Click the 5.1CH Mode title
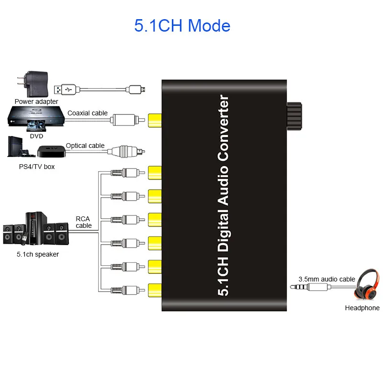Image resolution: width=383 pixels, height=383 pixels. coord(182,25)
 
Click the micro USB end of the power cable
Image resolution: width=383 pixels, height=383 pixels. coord(136,90)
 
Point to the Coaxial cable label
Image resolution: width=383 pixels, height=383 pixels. coord(88,113)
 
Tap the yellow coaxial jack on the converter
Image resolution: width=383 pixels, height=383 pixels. coord(155,120)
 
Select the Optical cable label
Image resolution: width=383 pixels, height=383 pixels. coord(85,146)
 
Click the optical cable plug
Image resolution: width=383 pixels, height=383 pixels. coord(126,152)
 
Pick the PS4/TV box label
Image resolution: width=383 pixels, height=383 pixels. coord(37,167)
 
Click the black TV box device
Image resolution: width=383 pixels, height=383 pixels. coord(52,151)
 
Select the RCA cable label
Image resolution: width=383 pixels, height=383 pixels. coord(83,222)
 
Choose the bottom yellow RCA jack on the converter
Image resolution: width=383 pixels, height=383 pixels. coord(155,290)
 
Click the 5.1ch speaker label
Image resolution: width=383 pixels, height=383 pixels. coord(38,254)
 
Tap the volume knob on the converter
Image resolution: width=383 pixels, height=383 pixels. coord(294,116)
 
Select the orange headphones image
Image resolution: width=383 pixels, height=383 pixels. coord(367,285)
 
